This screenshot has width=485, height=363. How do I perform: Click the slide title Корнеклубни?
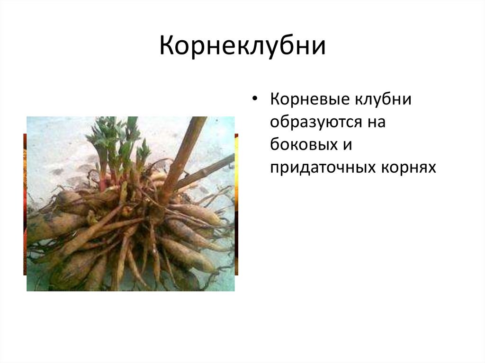tap(242, 46)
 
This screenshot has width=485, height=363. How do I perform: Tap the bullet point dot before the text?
tap(254, 99)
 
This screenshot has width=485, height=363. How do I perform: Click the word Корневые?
tap(309, 99)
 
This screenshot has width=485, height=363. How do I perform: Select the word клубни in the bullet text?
tap(383, 99)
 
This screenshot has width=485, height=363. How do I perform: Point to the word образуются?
tap(316, 122)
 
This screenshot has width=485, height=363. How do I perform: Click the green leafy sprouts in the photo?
tap(117, 142)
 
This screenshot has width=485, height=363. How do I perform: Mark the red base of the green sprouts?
tap(108, 179)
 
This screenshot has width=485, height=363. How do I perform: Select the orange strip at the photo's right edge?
tap(236, 204)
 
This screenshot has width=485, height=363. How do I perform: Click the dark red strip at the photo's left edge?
tap(25, 204)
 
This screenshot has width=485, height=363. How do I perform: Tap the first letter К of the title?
tap(168, 46)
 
